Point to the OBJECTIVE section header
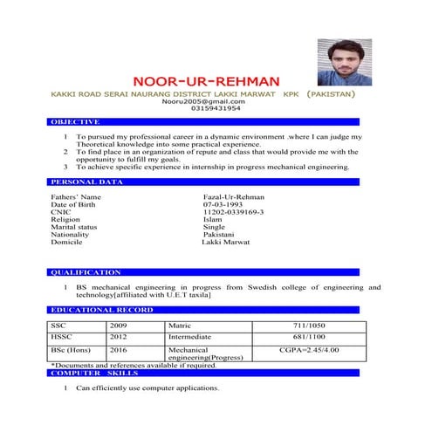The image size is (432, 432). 69,123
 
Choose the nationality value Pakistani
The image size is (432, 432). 218,235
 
